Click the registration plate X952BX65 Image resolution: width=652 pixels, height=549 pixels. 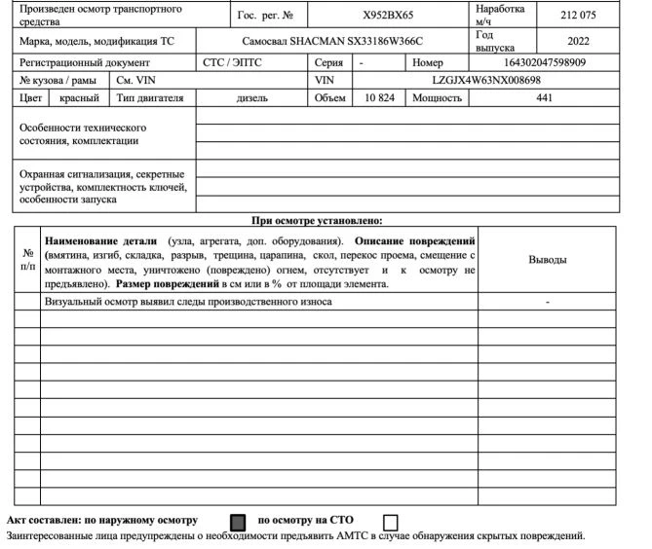389,16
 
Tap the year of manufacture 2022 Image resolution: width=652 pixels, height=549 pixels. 579,41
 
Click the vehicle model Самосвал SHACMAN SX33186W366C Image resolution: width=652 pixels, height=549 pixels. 332,43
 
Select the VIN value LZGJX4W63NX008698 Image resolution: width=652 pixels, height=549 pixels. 486,80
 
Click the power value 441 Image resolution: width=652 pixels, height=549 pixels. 544,98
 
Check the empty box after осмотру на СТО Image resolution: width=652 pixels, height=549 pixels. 391,523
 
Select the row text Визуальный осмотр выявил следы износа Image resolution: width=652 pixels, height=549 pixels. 188,303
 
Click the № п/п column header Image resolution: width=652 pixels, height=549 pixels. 26,260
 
